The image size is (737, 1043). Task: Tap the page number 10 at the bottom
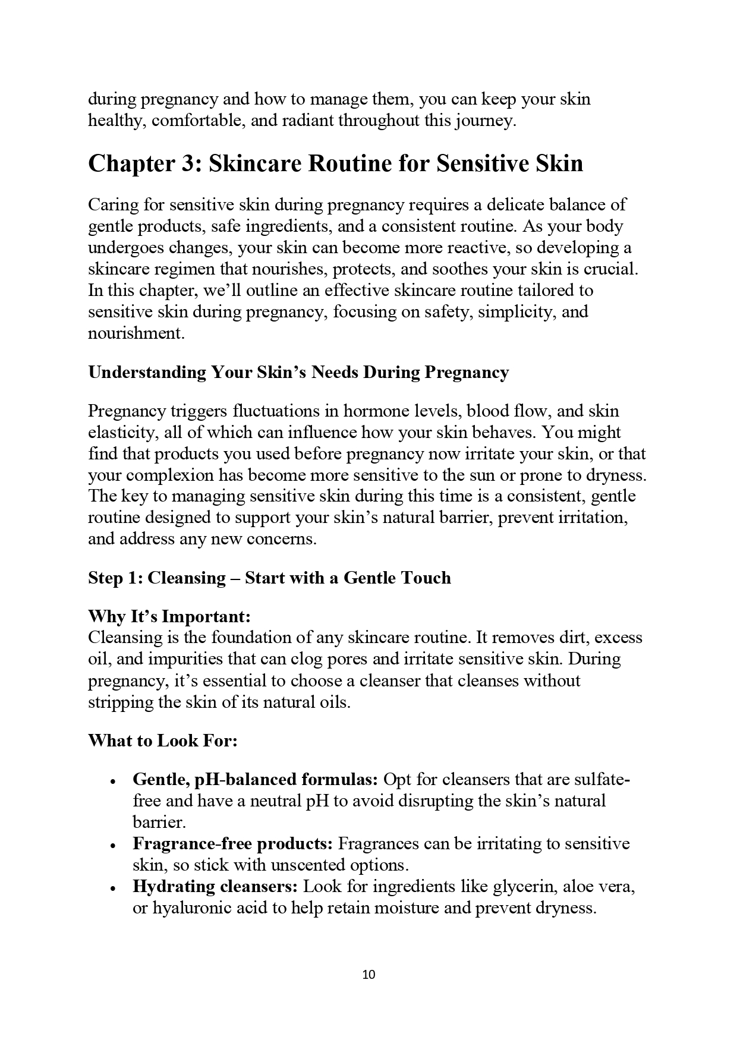point(368,975)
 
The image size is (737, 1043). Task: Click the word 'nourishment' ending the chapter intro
point(135,333)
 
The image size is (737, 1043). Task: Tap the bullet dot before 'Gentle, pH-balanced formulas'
point(113,781)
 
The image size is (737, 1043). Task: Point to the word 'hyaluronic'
point(194,907)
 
